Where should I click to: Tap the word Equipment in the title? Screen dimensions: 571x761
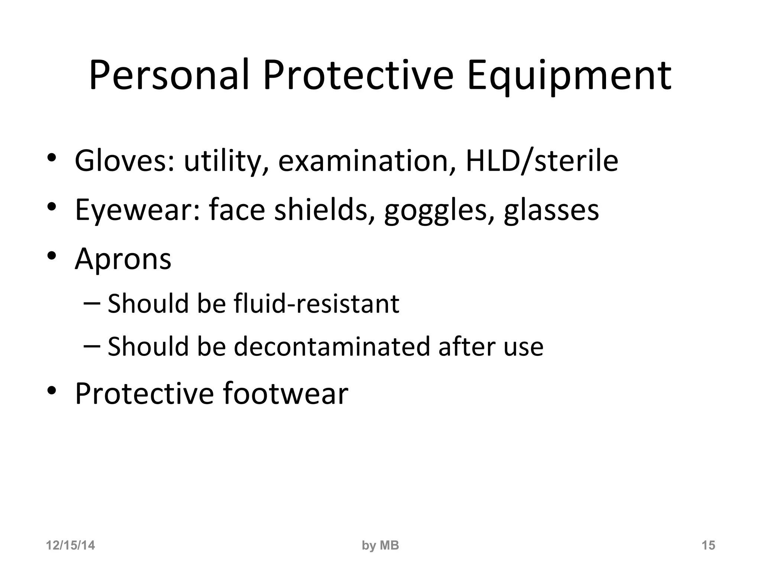point(569,76)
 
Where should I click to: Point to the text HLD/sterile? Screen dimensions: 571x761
point(542,161)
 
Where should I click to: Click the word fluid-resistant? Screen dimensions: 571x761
point(317,303)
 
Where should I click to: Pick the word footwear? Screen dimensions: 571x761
point(285,393)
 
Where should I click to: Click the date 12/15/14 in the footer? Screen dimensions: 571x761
point(70,545)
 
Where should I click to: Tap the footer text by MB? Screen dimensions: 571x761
point(380,545)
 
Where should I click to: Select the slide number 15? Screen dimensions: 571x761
point(708,545)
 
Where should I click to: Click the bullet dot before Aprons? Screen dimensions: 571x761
point(52,256)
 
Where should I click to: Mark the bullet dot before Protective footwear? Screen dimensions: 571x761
point(52,391)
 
